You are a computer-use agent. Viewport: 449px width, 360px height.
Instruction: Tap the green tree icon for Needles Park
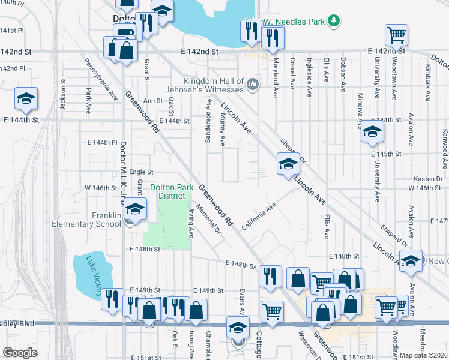click(x=334, y=22)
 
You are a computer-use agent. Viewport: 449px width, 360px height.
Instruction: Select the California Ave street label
click(x=259, y=217)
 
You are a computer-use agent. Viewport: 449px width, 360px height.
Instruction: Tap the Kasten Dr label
click(x=427, y=179)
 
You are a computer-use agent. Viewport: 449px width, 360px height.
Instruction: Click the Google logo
click(x=20, y=353)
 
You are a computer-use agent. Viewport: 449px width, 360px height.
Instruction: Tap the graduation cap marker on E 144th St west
click(x=26, y=98)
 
